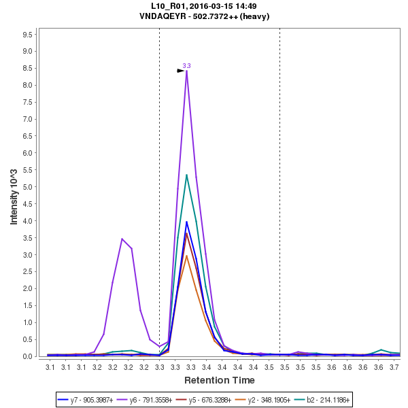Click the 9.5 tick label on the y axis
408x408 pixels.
tap(29, 34)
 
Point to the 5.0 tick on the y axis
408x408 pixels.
tap(29, 187)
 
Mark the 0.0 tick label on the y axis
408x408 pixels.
tap(29, 356)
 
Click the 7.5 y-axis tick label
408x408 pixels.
tap(29, 102)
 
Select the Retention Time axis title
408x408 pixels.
tap(219, 380)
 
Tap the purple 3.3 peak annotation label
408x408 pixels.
tap(186, 65)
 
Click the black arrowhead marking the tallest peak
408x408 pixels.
tap(181, 70)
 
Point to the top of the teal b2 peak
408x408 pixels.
tap(186, 175)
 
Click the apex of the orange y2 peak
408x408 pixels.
tap(186, 256)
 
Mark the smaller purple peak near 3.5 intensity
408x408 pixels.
tap(122, 239)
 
